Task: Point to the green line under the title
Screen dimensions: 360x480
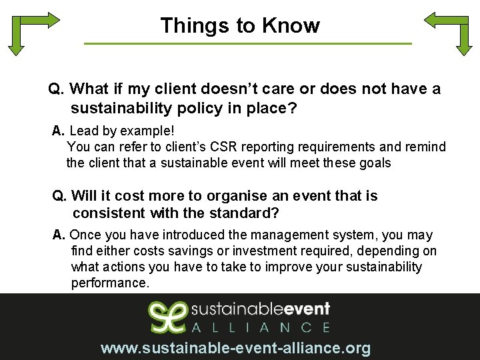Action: [x=248, y=44]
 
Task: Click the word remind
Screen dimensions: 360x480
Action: [x=425, y=147]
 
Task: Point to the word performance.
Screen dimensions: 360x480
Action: [x=111, y=283]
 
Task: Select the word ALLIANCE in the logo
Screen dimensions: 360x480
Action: [x=261, y=327]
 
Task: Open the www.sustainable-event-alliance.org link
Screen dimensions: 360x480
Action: [x=235, y=348]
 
